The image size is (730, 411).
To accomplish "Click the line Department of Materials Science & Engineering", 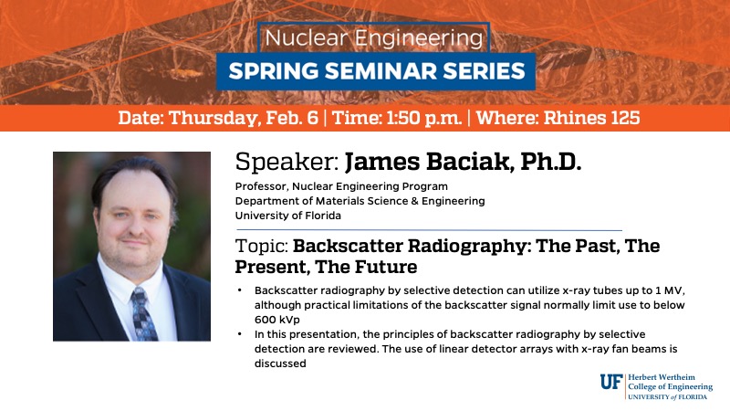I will [360, 201].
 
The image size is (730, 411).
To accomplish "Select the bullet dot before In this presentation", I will [240, 334].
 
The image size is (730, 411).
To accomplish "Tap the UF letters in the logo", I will [611, 382].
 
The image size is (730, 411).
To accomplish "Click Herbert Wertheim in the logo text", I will [668, 375].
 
